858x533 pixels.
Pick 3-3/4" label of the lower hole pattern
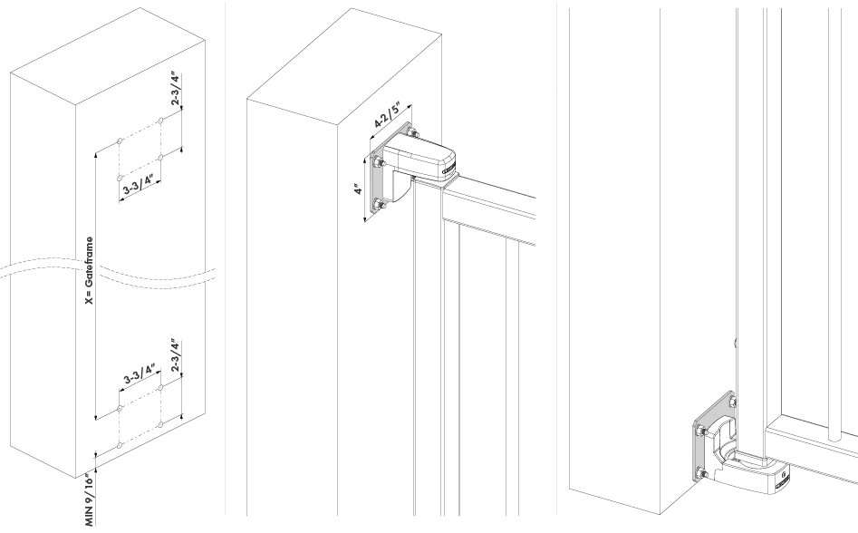(x=140, y=373)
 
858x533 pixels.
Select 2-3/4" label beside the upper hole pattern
(x=175, y=89)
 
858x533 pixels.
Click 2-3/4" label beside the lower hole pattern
(x=175, y=356)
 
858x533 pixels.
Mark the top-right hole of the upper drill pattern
(x=160, y=121)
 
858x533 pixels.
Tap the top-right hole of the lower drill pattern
(x=160, y=388)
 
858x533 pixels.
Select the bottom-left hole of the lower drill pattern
(x=121, y=445)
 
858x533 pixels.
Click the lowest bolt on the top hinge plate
(x=378, y=205)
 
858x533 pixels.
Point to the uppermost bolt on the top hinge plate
(x=411, y=131)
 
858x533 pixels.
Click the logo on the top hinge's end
(x=449, y=170)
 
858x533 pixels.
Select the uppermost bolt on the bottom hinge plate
(x=731, y=402)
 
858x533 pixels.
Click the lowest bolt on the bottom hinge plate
(x=701, y=473)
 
